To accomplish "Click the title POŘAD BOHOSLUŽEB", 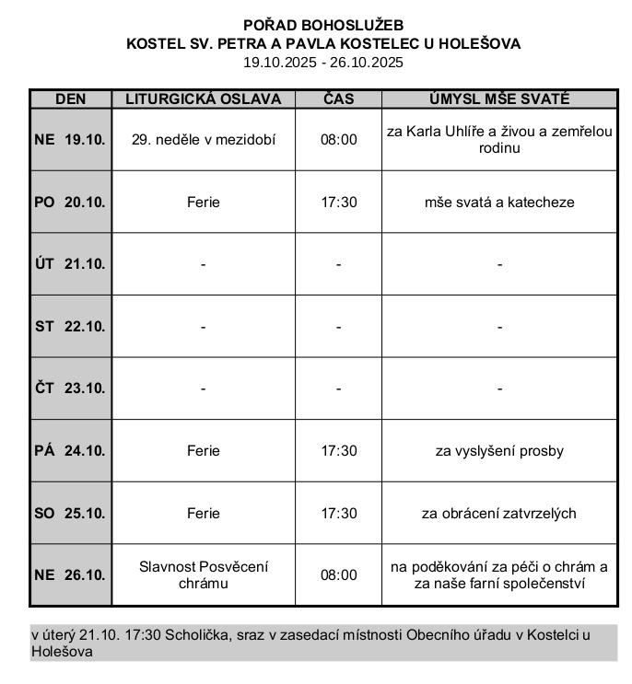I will point(323,25).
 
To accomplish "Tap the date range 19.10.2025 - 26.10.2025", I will point(323,63).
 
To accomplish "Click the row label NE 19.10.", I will point(70,140).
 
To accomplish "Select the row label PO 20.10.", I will point(70,202).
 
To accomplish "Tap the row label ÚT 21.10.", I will point(70,264).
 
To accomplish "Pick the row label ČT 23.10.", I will point(70,388).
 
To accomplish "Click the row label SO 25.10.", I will point(70,513).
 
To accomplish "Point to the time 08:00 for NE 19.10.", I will point(338,140).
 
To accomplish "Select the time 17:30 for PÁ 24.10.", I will point(338,451).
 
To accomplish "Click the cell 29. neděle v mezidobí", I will point(203,140).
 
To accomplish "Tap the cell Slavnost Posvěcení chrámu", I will point(203,574).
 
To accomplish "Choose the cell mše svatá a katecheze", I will point(499,202).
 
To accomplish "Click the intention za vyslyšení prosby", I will point(499,451).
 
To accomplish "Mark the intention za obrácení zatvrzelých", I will point(499,513).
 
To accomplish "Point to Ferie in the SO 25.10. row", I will point(203,513).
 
